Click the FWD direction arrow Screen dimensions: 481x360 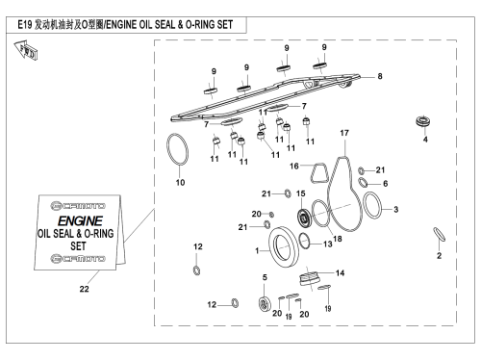[x=26, y=50]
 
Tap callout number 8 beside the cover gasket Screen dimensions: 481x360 [x=380, y=76]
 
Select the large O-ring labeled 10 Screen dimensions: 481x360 [x=177, y=149]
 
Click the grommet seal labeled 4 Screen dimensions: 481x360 [x=422, y=121]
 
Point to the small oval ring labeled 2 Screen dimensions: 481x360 [x=439, y=234]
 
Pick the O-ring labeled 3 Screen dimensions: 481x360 [x=372, y=205]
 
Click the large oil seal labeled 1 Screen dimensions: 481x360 [x=284, y=246]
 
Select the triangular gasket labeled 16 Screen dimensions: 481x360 [x=318, y=173]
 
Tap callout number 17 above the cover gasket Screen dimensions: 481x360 [x=344, y=133]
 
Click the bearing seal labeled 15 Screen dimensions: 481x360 [x=303, y=218]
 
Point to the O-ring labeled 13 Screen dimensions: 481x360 [x=304, y=241]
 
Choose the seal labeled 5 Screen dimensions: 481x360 [x=265, y=304]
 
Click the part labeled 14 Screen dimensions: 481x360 [x=309, y=278]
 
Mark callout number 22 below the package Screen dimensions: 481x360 [x=84, y=289]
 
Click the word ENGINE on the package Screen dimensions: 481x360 [x=80, y=220]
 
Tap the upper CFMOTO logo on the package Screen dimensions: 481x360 [x=78, y=206]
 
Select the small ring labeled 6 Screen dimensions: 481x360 [x=363, y=182]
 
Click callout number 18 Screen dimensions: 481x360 [x=338, y=239]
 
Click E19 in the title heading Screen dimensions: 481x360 [x=24, y=25]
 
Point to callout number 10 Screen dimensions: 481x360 [x=180, y=183]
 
